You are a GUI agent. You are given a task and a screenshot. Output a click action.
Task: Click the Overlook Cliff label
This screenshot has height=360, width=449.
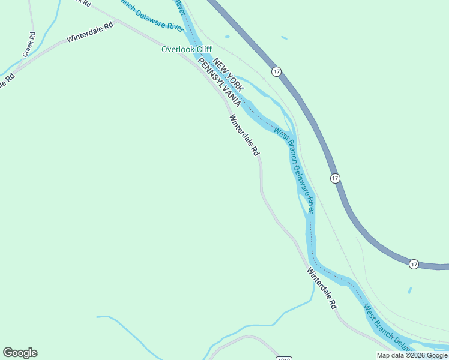click(187, 49)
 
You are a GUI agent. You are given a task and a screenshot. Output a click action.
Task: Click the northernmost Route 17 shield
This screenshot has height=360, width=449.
click(276, 71)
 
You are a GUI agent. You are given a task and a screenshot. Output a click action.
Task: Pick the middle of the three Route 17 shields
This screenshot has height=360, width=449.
click(335, 178)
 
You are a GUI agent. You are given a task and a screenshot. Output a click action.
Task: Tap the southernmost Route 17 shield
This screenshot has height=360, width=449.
click(414, 264)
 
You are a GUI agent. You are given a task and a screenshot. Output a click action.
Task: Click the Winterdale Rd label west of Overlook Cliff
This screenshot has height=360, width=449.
click(90, 34)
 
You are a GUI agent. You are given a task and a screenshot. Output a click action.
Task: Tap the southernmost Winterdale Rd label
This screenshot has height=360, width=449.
click(322, 288)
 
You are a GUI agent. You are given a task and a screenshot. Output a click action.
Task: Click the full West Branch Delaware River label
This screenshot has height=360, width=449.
click(295, 170)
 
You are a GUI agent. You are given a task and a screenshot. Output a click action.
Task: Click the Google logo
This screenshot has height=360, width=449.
click(20, 353)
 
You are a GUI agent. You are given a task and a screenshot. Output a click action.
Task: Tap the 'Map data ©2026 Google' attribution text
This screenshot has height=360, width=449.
click(412, 355)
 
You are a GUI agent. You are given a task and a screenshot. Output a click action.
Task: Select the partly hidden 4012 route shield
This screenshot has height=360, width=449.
click(284, 358)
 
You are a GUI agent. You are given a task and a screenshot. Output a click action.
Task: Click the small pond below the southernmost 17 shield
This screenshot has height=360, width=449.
click(410, 290)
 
